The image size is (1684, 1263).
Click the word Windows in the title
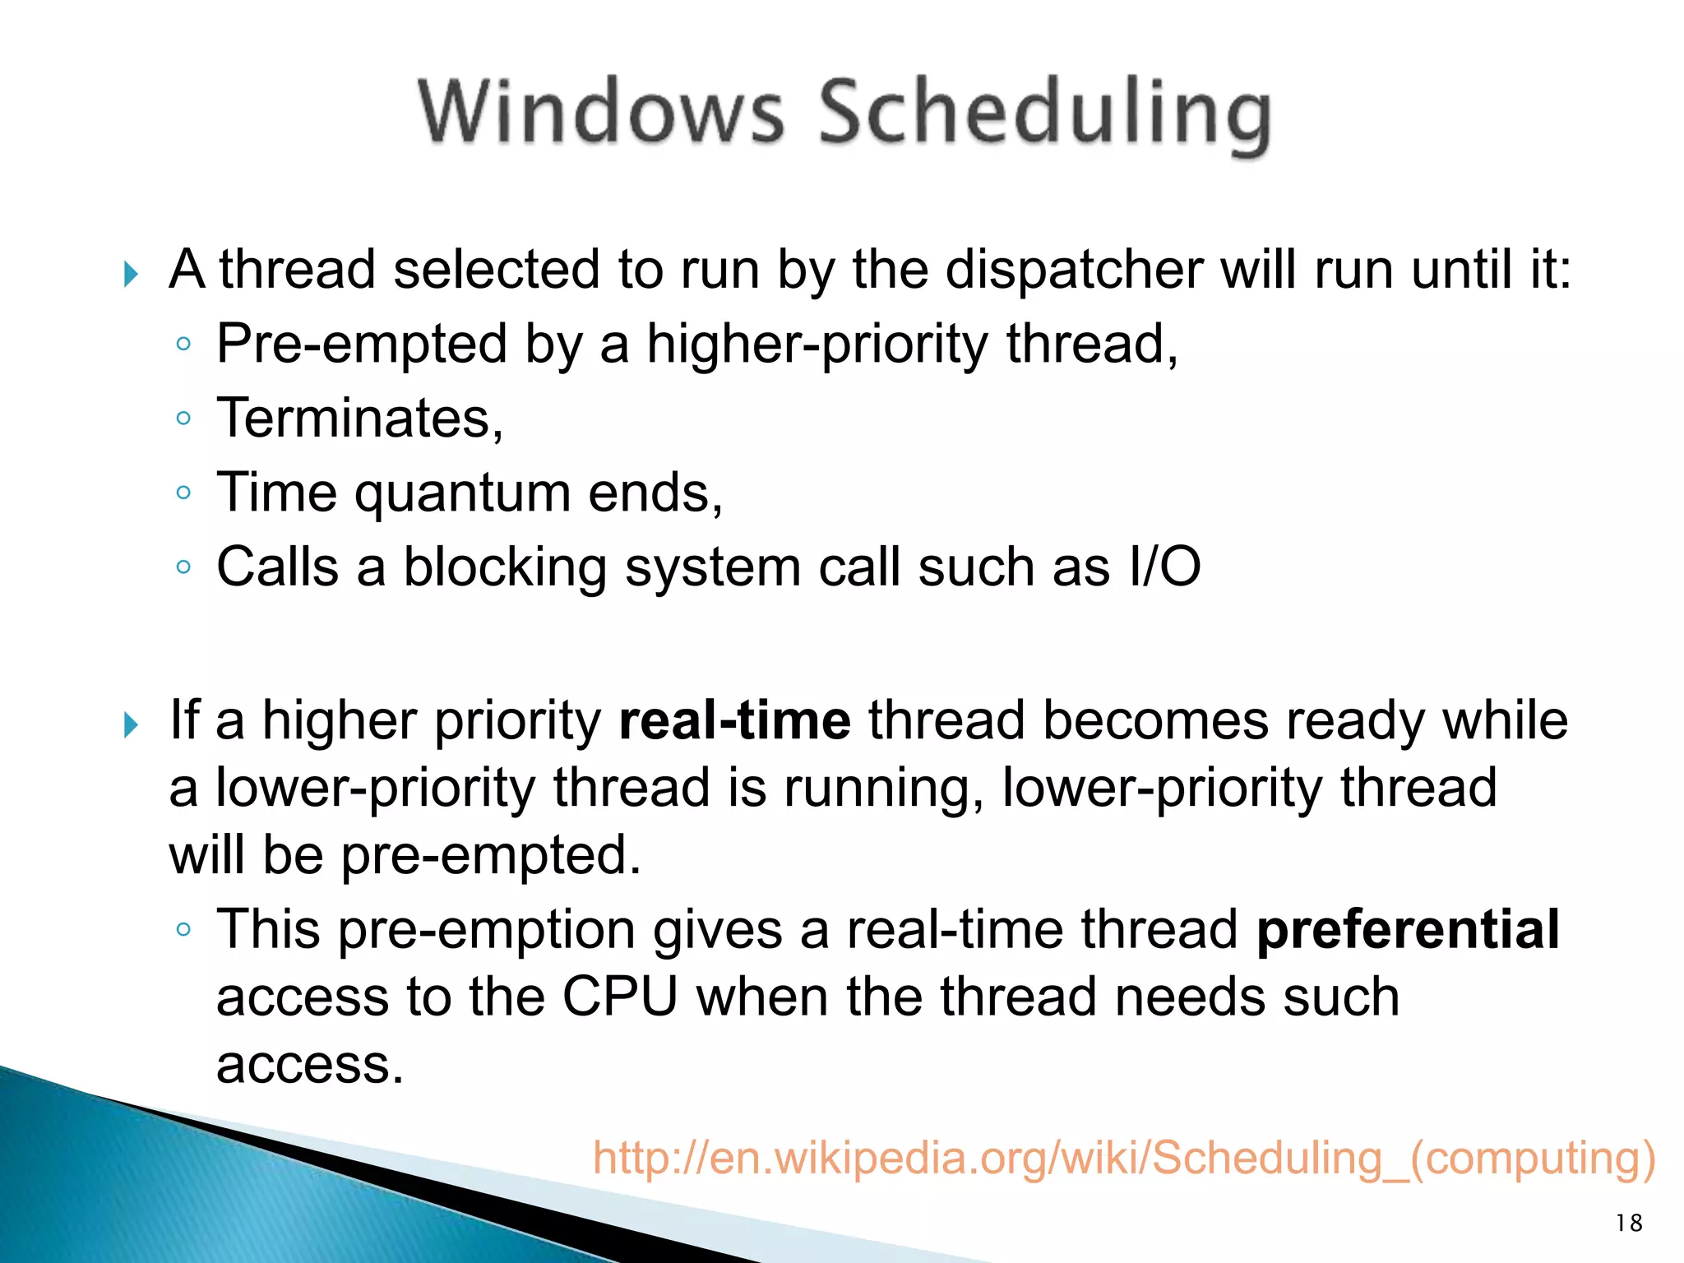[601, 113]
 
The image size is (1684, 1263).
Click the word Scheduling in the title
[1044, 115]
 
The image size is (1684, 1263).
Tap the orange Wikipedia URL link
[1123, 1158]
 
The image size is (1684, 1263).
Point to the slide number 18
[1629, 1224]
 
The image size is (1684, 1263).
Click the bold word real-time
[734, 720]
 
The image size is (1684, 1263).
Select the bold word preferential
[1408, 929]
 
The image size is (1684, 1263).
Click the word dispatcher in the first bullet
[1074, 270]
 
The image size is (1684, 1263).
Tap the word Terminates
[359, 419]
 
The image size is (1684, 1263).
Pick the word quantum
[463, 493]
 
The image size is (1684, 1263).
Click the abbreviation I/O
[1165, 567]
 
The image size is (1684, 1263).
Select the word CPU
[619, 997]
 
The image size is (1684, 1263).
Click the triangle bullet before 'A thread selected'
[130, 274]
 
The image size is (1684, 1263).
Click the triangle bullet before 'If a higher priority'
[130, 724]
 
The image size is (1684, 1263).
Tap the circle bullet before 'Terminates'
[183, 419]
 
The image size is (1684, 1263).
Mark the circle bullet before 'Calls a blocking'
[183, 567]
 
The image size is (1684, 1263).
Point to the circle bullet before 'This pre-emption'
[183, 930]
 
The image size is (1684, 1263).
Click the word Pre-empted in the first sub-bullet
[361, 345]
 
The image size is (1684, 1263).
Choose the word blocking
[504, 567]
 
